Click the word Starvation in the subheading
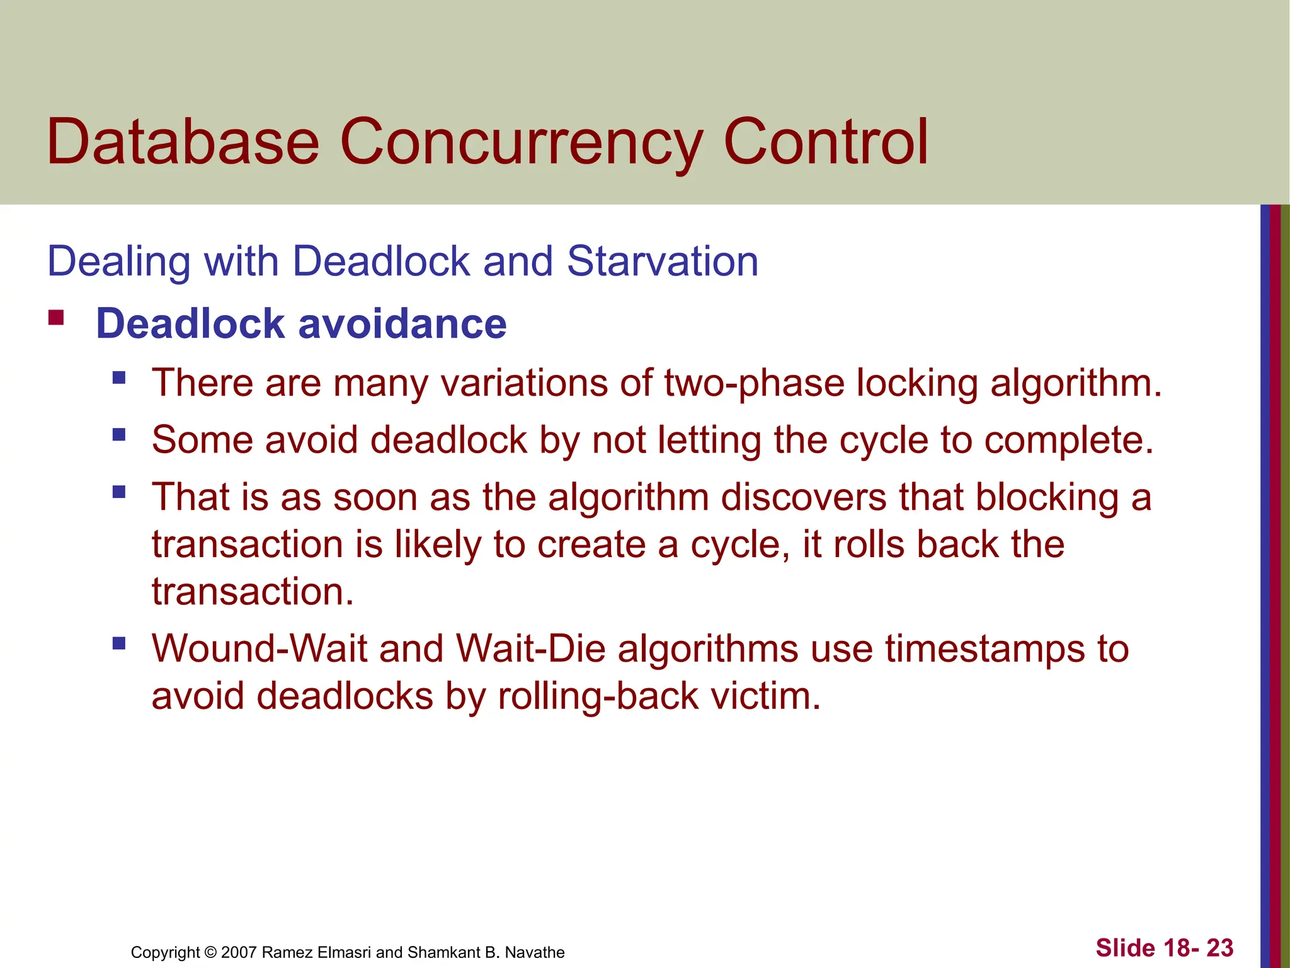coord(662,261)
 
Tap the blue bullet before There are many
coord(119,378)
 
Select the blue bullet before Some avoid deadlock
coord(119,435)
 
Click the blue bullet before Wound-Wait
coord(119,644)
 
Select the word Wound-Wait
coord(259,648)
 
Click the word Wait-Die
coord(530,648)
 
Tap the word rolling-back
coord(598,696)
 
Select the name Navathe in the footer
coord(535,952)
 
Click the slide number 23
coord(1219,948)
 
